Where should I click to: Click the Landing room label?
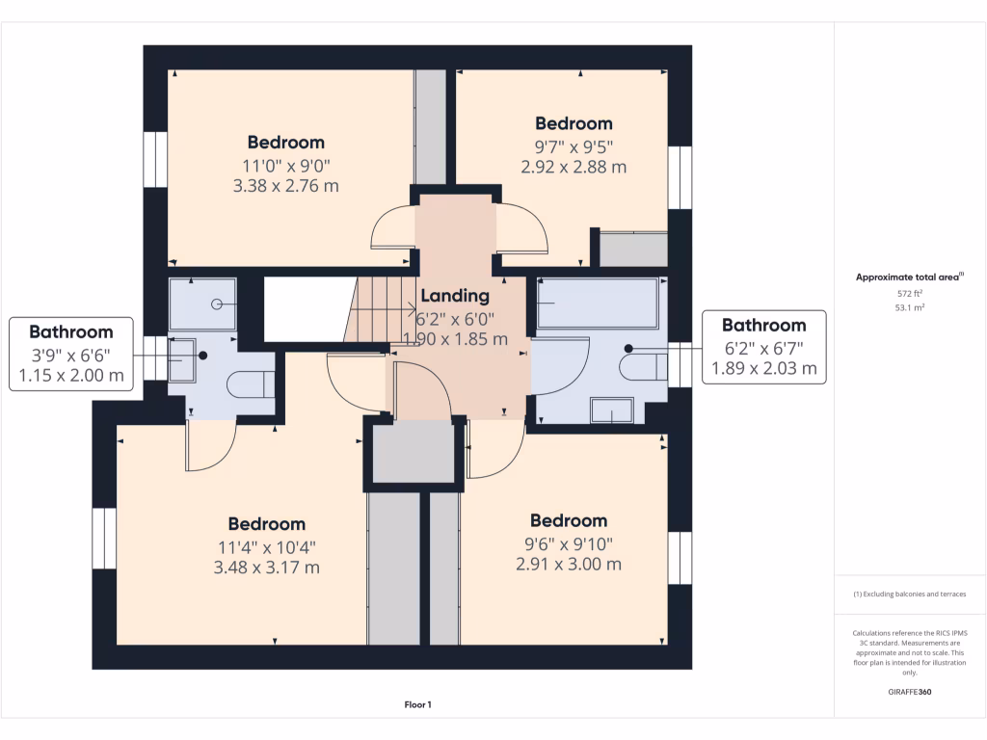(455, 296)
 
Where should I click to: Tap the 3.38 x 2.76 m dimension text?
(286, 186)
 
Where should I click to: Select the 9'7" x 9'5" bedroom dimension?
(574, 145)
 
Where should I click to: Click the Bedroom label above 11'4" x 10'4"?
(267, 524)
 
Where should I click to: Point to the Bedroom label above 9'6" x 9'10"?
(569, 520)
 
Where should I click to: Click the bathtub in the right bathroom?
(598, 304)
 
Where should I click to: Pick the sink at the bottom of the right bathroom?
(611, 411)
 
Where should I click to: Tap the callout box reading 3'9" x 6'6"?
(70, 355)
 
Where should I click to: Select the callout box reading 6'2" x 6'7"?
(763, 347)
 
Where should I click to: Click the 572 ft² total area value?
(910, 293)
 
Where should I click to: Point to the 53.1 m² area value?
(910, 308)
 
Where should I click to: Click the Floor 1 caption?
(417, 705)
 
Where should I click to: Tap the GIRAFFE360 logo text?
(910, 692)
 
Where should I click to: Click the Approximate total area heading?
(910, 277)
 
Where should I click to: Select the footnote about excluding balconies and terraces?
(910, 595)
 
